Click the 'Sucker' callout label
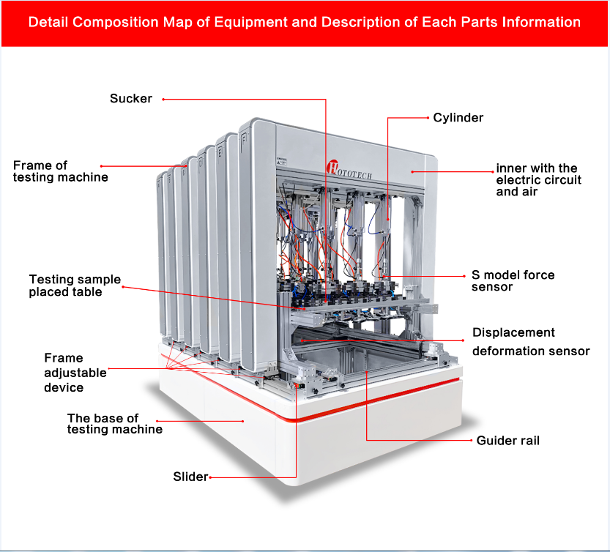tap(130, 98)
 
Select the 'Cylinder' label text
tap(458, 117)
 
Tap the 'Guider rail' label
tap(507, 440)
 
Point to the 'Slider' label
tap(190, 477)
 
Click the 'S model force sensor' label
tap(513, 280)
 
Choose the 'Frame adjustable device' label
tap(75, 373)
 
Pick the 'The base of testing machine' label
tap(115, 423)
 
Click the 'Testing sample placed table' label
tap(75, 285)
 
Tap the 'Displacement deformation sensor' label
tap(531, 342)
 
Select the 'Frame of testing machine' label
tap(60, 171)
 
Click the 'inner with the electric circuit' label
tap(538, 179)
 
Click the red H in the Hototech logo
tap(332, 167)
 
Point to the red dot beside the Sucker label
tap(163, 100)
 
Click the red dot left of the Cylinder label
tap(428, 117)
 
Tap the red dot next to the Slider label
tap(210, 477)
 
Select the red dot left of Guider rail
tap(472, 440)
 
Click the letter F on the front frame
tap(245, 139)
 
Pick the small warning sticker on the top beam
tap(282, 161)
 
